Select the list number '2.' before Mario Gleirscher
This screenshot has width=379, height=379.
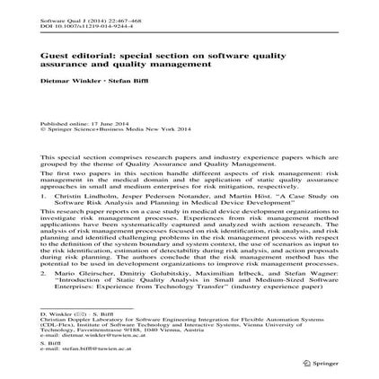pos(45,269)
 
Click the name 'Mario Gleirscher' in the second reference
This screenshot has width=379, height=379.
pos(83,269)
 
